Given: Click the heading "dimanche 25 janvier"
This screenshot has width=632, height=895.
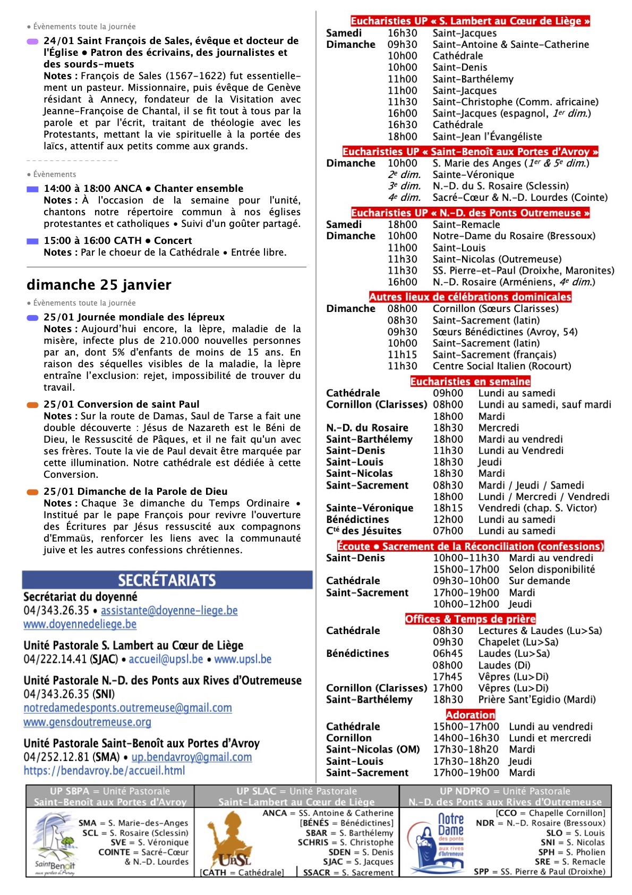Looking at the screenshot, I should pos(99,285).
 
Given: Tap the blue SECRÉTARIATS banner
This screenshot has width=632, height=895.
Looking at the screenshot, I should pos(167,580).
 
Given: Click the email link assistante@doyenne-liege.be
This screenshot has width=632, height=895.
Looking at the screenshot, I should pos(169,611).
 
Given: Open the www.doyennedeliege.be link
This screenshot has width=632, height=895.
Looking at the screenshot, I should pos(80,624).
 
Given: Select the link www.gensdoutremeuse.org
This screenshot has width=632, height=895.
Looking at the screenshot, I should pos(87,722).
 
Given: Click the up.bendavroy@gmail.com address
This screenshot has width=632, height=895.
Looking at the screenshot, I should pos(191,757).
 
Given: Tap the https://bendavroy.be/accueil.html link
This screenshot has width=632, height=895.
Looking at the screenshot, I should pos(104,770).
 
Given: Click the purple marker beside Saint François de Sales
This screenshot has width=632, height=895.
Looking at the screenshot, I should pos(32,41).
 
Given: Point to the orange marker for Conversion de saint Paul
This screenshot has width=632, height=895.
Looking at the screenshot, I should pos(32,405).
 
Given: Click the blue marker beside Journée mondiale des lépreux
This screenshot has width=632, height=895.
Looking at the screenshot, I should pos(32,318).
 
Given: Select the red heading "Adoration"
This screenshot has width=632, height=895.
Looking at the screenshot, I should pos(470,715).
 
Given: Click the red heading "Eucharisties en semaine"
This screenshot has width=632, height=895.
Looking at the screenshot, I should pos(470,382).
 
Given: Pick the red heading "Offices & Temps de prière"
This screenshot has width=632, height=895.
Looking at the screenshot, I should pos(470,619).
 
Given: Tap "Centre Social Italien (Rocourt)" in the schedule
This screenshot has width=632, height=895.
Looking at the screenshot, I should pos(501,366).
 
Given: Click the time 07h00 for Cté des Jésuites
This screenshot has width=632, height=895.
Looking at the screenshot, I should pos(448,531).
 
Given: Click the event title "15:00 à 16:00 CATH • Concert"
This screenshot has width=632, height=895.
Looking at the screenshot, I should pos(117,241).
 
